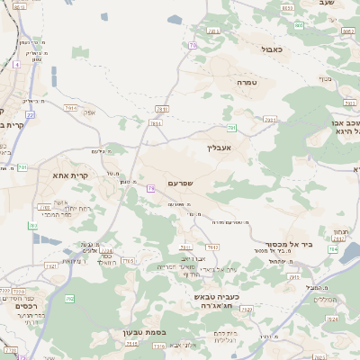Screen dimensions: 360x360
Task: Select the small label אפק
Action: (x=90, y=112)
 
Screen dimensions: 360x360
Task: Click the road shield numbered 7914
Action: (x=71, y=107)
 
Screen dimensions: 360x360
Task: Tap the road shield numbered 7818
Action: (x=155, y=122)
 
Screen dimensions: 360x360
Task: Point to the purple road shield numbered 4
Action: (x=16, y=65)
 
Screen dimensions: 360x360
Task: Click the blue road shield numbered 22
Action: (x=30, y=114)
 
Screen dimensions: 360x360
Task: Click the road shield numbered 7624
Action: (x=332, y=319)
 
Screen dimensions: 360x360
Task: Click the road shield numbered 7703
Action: (x=128, y=261)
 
